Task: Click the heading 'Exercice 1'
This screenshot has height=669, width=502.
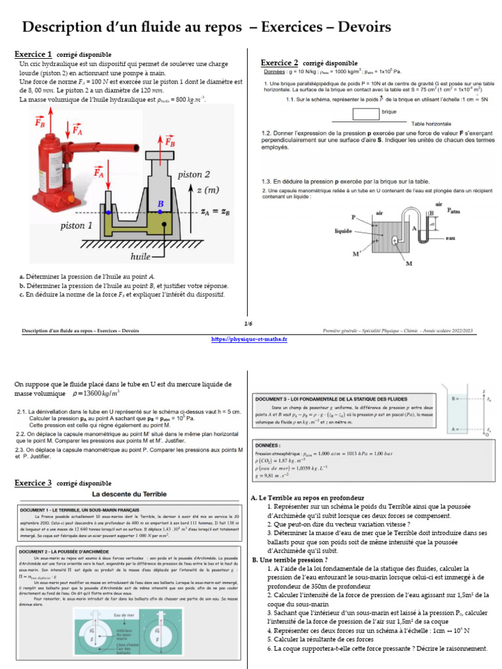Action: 33,54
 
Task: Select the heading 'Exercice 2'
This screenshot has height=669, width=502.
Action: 280,63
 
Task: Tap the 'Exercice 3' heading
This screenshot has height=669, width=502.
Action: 33,483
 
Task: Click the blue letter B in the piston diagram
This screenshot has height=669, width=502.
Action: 160,204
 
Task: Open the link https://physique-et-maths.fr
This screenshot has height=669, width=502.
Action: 250,339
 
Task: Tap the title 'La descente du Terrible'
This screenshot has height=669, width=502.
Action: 129,494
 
